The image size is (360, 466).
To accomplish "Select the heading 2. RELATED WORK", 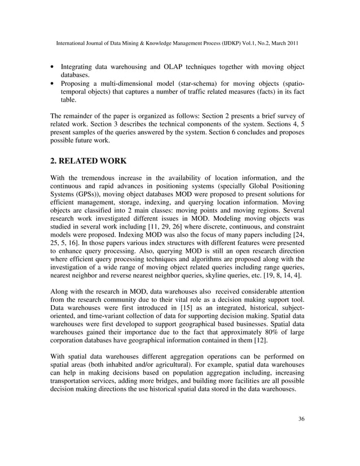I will [90, 160].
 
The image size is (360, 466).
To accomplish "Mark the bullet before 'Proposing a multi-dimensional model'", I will [52, 83].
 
